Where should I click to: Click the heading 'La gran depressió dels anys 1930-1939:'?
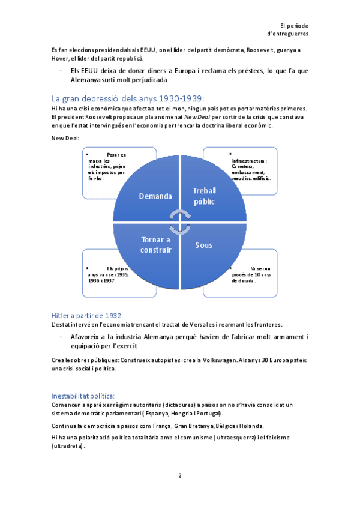click(x=128, y=98)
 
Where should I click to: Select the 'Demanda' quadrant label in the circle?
click(x=155, y=196)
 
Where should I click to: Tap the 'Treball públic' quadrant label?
click(x=204, y=196)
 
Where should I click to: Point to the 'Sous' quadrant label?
click(x=203, y=245)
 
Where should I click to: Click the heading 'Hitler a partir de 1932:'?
click(x=86, y=315)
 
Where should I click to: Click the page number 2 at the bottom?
click(x=179, y=475)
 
